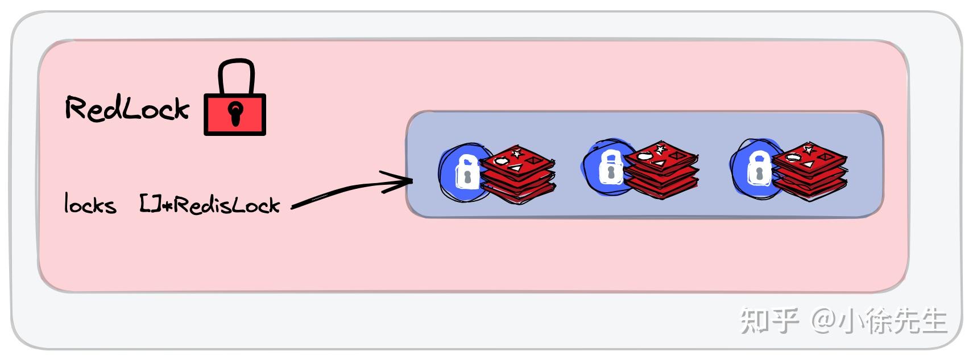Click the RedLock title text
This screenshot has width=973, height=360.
click(126, 109)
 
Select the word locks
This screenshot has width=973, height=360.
click(90, 205)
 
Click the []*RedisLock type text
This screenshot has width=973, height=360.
click(210, 205)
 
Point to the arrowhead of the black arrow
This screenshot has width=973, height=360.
click(405, 181)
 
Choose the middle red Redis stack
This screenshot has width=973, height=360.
click(661, 169)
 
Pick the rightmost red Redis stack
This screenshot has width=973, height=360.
click(809, 170)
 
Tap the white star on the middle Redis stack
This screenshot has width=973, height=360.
click(660, 149)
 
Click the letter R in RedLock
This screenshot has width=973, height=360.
click(76, 108)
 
